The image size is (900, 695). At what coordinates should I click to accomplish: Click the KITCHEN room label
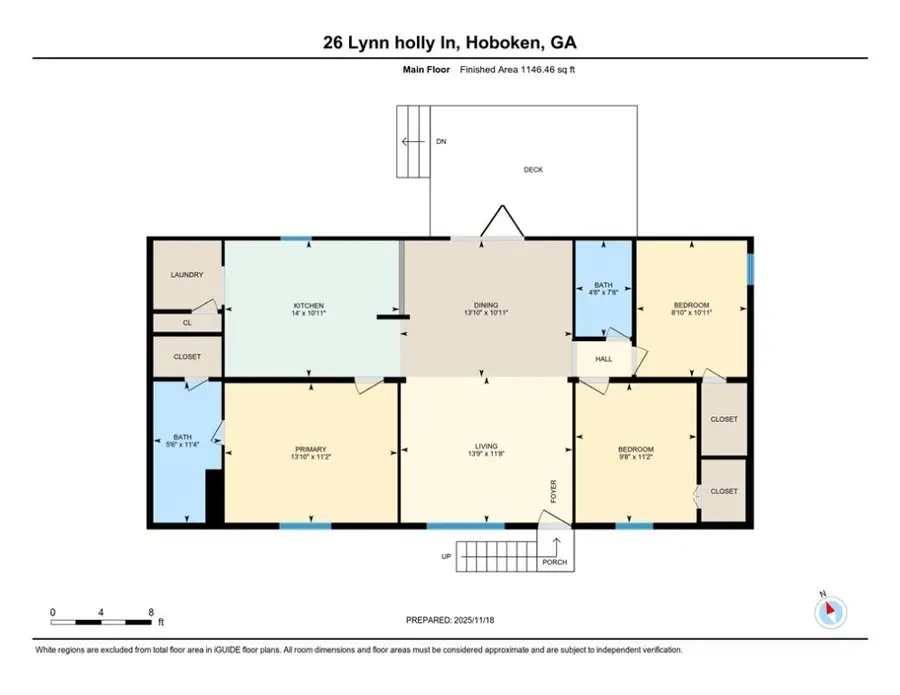coord(308,305)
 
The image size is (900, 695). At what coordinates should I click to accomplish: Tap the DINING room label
coord(486,305)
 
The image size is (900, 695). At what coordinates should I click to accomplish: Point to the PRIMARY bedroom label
coord(311,449)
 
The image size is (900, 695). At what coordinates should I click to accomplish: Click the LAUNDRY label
coord(187,275)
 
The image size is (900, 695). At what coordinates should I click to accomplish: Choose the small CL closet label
coord(187,323)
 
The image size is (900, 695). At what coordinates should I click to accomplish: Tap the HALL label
coord(603,357)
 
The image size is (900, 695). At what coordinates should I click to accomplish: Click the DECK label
coord(533,170)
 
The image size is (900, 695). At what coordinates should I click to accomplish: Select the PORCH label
coord(555,562)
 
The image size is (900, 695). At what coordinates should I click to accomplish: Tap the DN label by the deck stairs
coord(441,142)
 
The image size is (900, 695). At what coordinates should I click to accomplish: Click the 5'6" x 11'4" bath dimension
coord(182,446)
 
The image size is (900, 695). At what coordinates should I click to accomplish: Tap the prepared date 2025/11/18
coord(470,620)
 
